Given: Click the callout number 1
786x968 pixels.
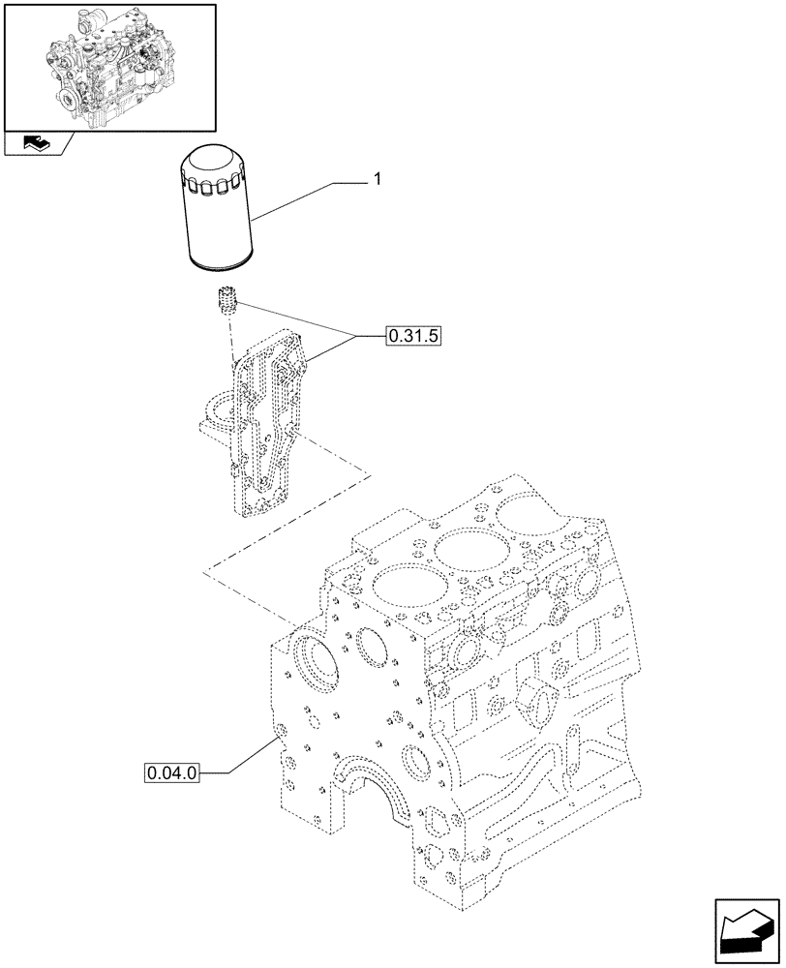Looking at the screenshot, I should [377, 179].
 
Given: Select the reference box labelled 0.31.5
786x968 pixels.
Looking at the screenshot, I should [413, 337].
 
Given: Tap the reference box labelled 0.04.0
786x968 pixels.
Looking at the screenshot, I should [171, 772].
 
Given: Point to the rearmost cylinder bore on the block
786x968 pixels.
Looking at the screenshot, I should [529, 511].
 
